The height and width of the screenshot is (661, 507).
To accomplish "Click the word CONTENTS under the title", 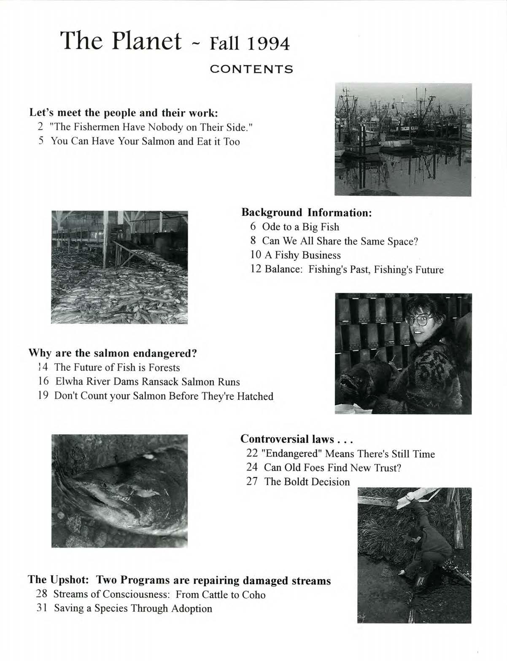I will point(251,69).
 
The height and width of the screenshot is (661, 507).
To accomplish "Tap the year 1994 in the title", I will point(268,43).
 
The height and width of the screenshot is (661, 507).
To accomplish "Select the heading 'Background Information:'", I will point(306,212).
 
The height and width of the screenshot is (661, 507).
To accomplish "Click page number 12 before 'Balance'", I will point(256,269).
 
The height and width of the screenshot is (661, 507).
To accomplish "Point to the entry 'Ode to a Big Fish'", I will point(300,227).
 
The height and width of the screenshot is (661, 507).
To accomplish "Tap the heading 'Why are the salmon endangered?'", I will point(113,353).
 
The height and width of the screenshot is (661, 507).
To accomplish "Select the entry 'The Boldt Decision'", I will point(307,482).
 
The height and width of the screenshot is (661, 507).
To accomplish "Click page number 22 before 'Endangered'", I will point(252,454).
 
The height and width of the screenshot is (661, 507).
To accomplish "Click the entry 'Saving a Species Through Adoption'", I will point(133,608).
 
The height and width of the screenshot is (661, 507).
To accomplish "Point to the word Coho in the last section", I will point(254,594).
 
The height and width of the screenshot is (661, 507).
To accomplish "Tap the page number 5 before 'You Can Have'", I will point(41,142).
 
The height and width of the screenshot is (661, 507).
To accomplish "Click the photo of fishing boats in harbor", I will point(403,139).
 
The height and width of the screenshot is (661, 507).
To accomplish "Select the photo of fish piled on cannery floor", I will point(119,267).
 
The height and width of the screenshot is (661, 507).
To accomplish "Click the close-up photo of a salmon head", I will point(119,491).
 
